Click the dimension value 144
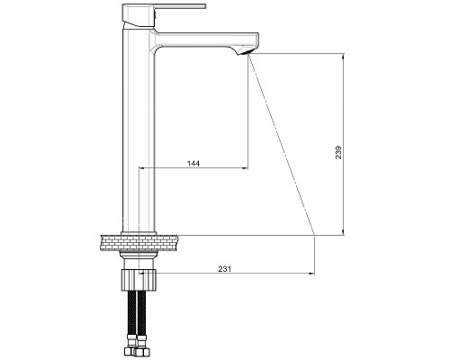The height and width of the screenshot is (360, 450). point(193,164)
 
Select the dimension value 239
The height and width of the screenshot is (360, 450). point(338,152)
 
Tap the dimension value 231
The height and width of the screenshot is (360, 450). point(225,269)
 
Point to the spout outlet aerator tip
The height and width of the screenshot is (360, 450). point(244,53)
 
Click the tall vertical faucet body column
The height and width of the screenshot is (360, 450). point(139,129)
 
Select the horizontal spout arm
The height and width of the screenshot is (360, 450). point(204,40)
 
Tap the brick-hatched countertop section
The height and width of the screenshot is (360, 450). point(139,243)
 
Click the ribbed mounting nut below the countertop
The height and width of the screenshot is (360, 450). point(139,280)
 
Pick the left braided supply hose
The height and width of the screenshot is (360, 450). point(132,312)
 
